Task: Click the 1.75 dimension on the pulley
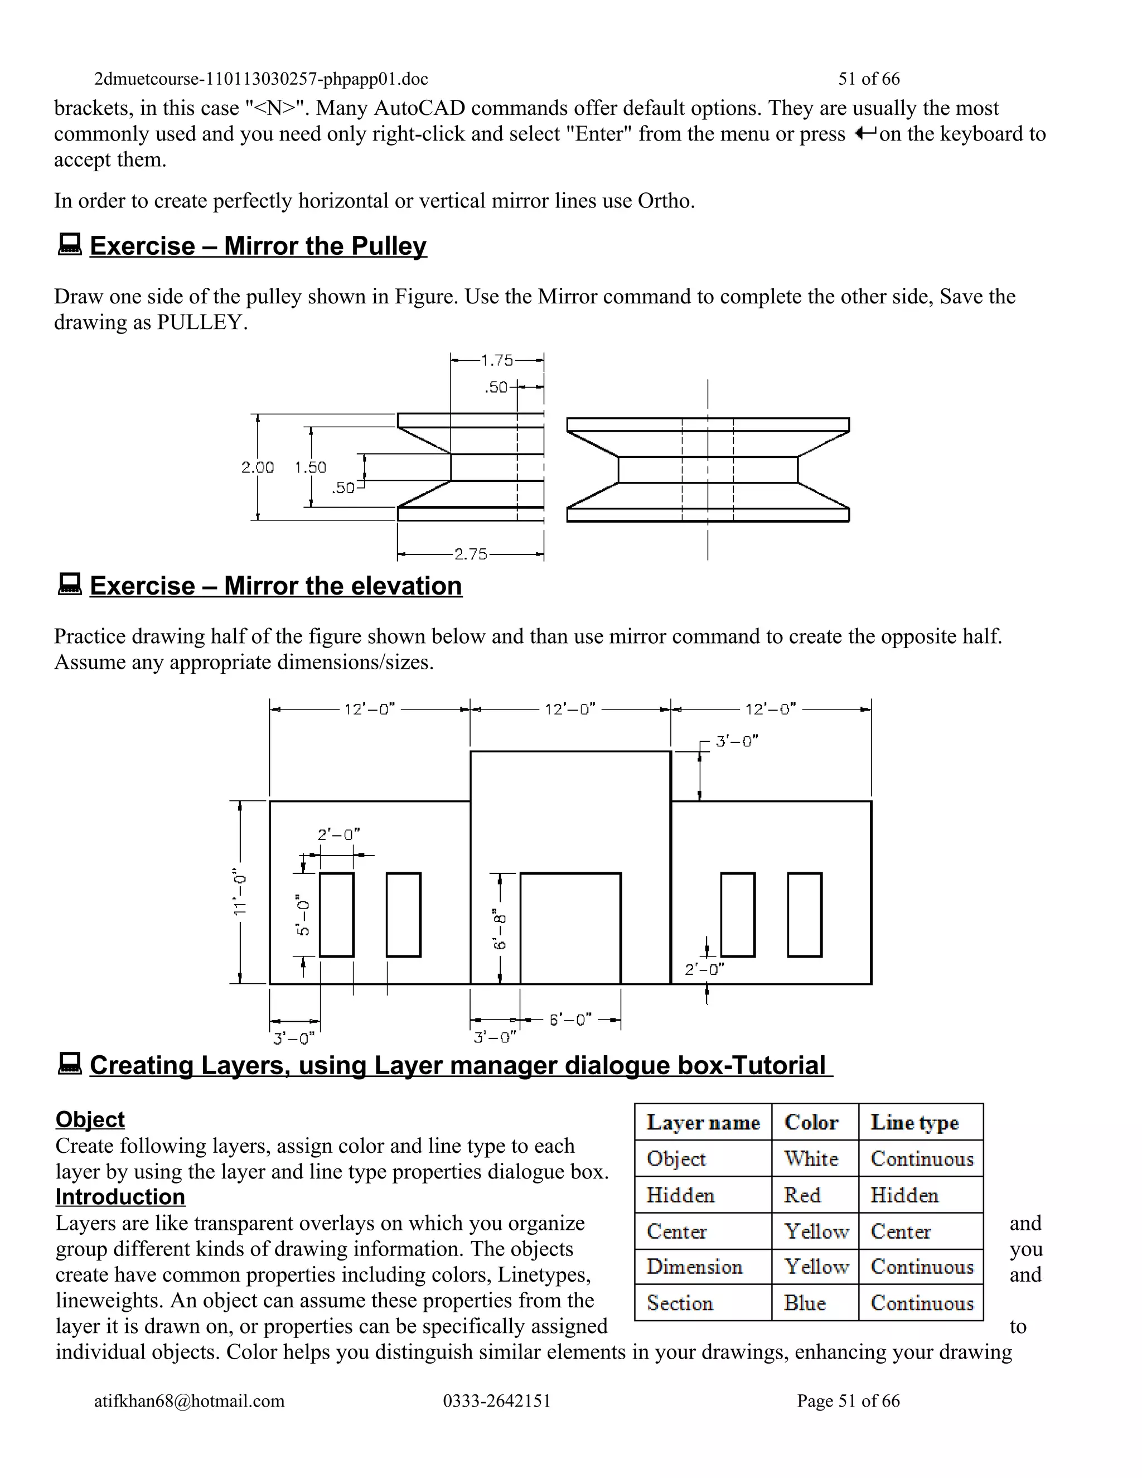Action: [497, 361]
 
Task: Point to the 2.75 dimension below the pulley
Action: [470, 554]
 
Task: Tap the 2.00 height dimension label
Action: [257, 467]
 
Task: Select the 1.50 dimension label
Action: [311, 467]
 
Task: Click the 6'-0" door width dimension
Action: [570, 1019]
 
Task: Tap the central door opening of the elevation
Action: [570, 929]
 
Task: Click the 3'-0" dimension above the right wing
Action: [737, 741]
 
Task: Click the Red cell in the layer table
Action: [802, 1195]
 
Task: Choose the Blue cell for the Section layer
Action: [805, 1303]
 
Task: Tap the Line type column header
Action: [914, 1123]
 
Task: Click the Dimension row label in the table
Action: [694, 1266]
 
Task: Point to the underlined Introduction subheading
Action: [120, 1196]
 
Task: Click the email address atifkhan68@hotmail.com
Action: [190, 1401]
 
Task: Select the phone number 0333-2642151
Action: [497, 1401]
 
